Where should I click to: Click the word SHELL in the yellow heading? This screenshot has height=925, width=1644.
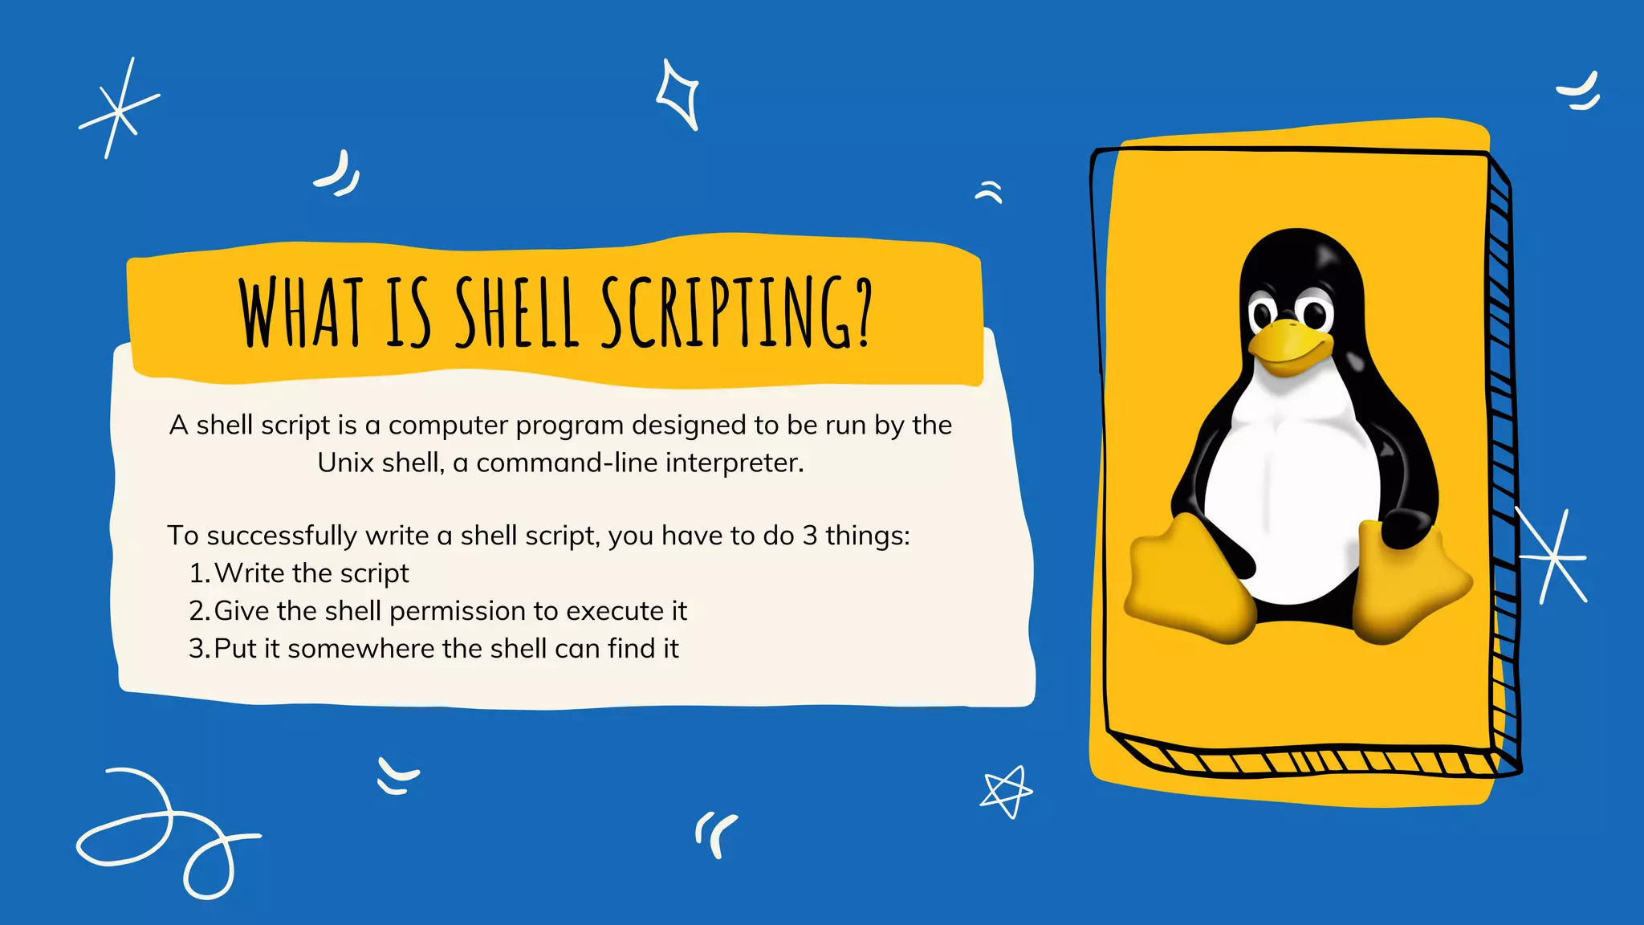tap(517, 313)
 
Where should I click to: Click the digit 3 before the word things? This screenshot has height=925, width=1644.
tap(809, 536)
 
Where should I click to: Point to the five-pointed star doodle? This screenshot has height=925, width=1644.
tap(1006, 791)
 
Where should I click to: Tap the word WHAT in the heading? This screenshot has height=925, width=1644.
tap(301, 313)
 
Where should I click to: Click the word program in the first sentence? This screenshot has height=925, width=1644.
tap(569, 426)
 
